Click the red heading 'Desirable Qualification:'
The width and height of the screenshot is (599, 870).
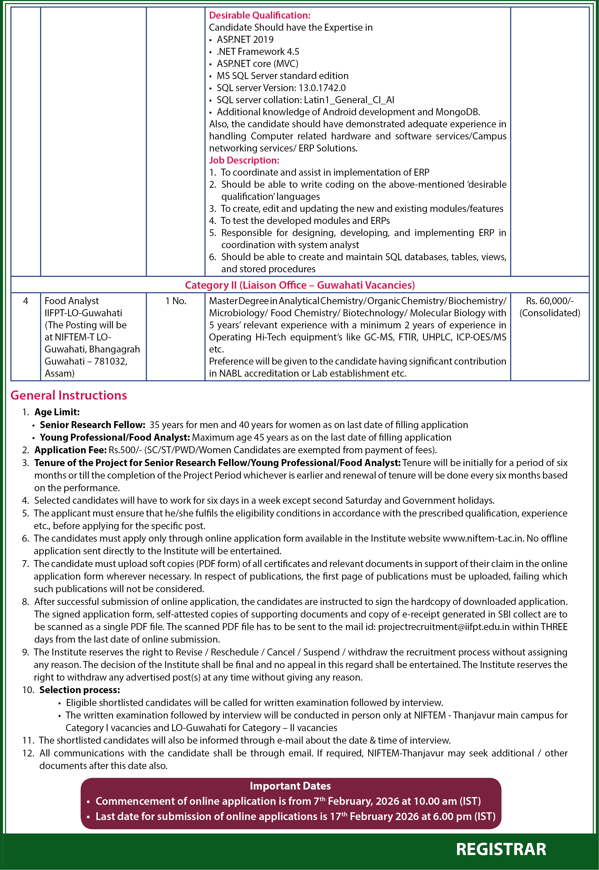(259, 15)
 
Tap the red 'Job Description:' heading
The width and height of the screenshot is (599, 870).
(244, 160)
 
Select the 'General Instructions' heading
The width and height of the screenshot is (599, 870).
(69, 395)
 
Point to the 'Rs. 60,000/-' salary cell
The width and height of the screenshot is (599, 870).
(550, 301)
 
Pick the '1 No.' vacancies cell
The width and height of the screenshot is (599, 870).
(176, 301)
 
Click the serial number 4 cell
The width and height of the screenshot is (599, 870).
(26, 301)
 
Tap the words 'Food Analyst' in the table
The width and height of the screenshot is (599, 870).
(71, 301)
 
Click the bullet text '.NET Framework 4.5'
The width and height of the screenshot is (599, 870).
(258, 51)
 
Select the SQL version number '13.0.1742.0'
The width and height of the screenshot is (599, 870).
(322, 88)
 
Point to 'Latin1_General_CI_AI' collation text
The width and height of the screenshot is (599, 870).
(349, 100)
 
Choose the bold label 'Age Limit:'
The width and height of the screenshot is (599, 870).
(57, 412)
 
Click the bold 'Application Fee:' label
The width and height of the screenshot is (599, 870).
(70, 450)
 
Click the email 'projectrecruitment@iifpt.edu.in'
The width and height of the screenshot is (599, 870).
(444, 627)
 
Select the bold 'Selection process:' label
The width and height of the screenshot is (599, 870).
(80, 690)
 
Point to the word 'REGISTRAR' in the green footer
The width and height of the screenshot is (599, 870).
(501, 849)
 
